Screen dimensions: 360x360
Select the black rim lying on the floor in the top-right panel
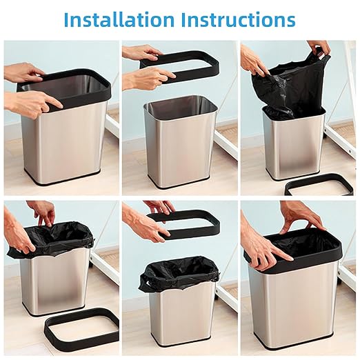319,186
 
